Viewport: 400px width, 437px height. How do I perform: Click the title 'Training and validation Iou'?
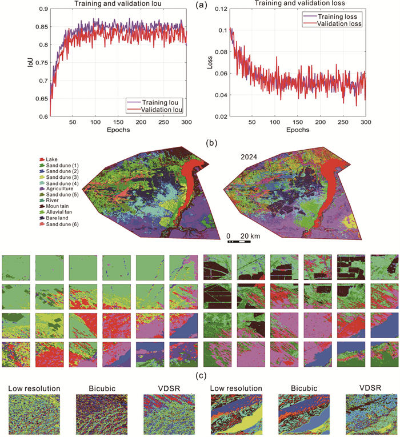[x=118, y=3]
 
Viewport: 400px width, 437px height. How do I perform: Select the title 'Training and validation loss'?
[x=299, y=3]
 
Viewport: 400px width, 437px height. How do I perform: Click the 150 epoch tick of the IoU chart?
[x=118, y=122]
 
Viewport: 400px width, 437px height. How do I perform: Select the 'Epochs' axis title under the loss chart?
[x=298, y=130]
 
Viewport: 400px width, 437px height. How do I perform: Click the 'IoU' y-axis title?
[x=30, y=62]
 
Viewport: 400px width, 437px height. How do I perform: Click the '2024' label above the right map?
[x=249, y=157]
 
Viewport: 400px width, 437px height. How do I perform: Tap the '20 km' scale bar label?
[x=250, y=236]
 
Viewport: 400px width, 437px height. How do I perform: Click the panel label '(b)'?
[x=211, y=143]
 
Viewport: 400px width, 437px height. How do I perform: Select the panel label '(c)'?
[x=201, y=376]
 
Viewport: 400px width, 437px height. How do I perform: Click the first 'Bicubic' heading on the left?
[x=102, y=388]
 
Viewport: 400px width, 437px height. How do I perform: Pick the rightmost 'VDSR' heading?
[x=370, y=388]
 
